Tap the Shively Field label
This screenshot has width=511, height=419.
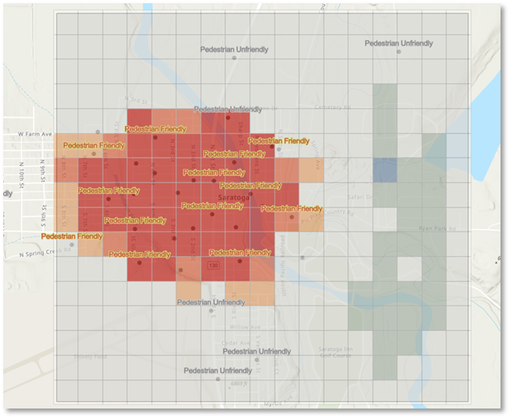pyautogui.click(x=90, y=356)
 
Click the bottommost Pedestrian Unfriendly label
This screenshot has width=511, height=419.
pyautogui.click(x=217, y=371)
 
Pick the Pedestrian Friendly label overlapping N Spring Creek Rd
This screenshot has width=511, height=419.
pyautogui.click(x=72, y=237)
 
